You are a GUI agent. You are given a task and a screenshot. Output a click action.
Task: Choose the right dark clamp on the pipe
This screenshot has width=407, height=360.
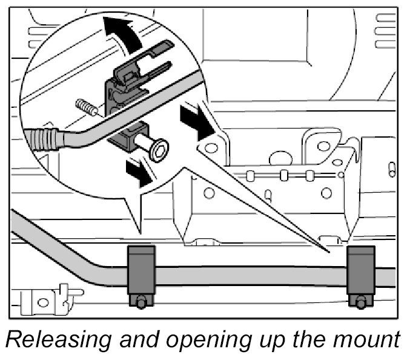point(361,272)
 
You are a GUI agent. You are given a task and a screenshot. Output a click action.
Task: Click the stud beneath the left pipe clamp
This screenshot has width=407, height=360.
point(141,301)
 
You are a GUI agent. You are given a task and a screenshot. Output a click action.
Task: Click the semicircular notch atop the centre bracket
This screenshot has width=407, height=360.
point(280,159)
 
